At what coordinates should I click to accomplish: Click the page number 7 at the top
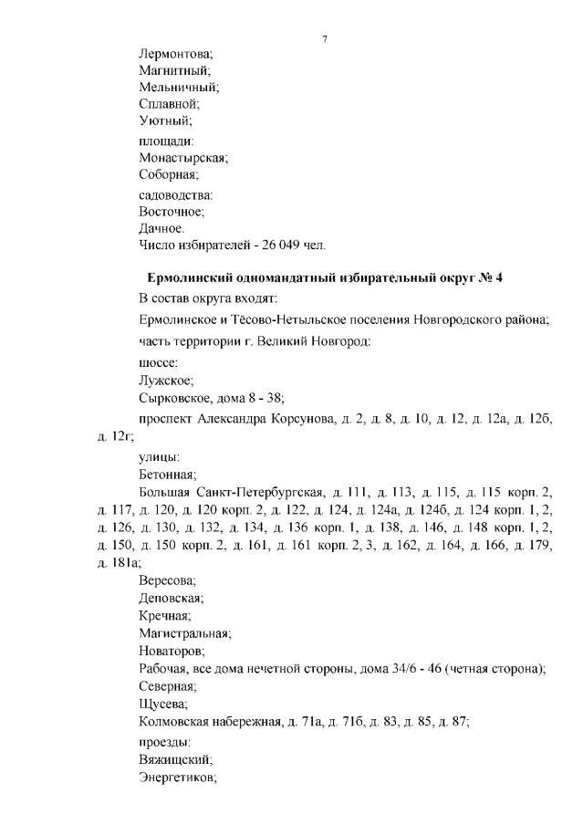(x=325, y=38)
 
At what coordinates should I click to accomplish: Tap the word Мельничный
(x=178, y=87)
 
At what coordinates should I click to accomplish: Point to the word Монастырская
(x=182, y=157)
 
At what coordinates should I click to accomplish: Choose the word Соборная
(x=168, y=173)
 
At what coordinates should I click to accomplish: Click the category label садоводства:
(x=175, y=194)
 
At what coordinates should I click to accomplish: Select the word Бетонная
(x=167, y=474)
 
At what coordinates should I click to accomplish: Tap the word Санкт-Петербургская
(x=241, y=494)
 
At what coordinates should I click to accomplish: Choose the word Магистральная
(x=184, y=632)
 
